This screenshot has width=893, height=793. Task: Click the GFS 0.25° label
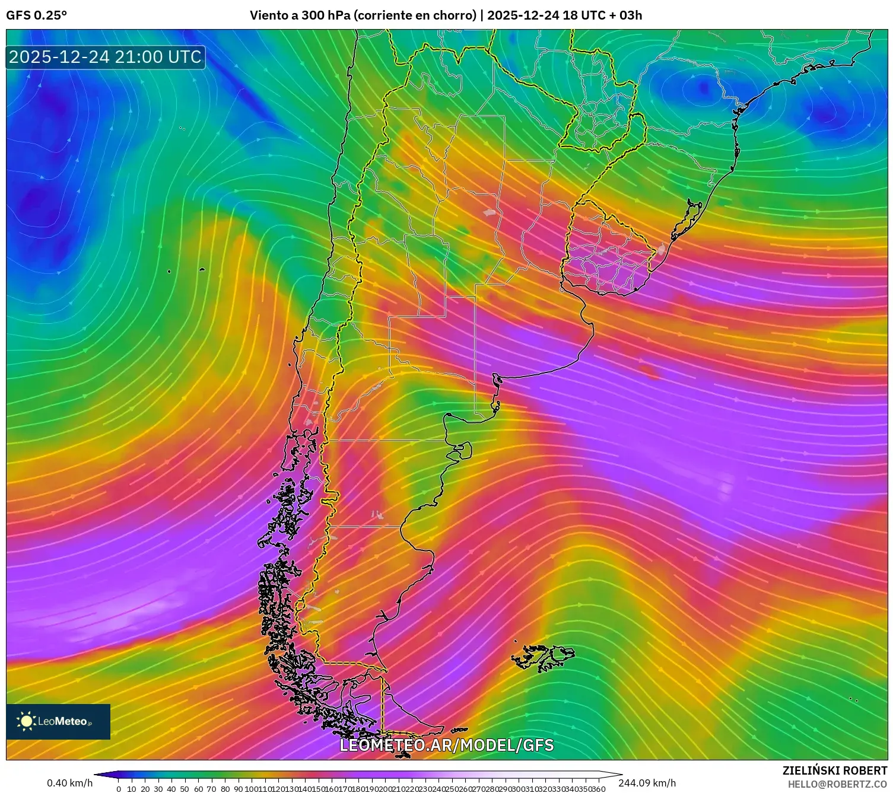(x=36, y=15)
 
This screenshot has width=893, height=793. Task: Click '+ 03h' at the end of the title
(x=625, y=15)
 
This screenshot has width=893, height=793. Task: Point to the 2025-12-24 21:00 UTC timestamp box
(x=105, y=57)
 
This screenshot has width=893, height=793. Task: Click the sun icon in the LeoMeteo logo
(x=27, y=721)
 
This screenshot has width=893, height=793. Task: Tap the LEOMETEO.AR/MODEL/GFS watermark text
(x=446, y=745)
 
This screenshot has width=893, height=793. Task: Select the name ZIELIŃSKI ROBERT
(x=834, y=771)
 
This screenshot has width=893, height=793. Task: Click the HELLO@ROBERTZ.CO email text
(x=837, y=784)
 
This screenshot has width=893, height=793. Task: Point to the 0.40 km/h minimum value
(x=69, y=783)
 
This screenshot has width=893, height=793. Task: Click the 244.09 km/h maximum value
(x=647, y=783)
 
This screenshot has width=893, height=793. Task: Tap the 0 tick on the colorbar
(x=119, y=789)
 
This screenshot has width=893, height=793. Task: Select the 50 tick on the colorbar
(x=185, y=789)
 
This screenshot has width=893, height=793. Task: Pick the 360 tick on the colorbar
(x=599, y=789)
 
